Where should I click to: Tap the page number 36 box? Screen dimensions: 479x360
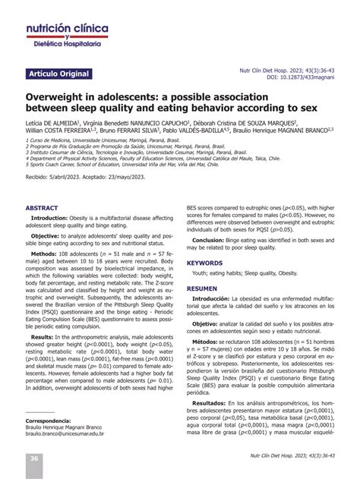coord(35,459)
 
